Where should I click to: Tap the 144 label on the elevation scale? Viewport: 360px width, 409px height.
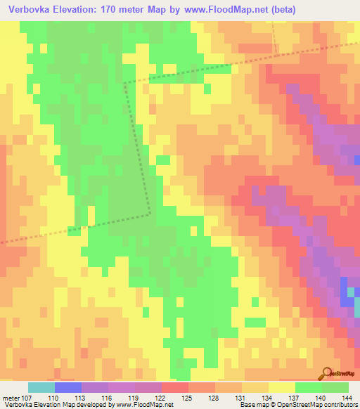point(347,398)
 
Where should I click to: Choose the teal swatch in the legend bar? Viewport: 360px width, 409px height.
point(41,387)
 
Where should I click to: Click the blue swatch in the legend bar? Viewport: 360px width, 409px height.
point(68,387)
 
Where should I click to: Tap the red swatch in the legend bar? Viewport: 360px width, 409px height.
point(175,387)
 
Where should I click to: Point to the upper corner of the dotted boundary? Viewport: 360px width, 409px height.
point(124,83)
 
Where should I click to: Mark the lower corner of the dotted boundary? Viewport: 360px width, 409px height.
point(150,212)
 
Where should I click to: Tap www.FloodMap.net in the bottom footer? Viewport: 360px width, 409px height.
point(147,405)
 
